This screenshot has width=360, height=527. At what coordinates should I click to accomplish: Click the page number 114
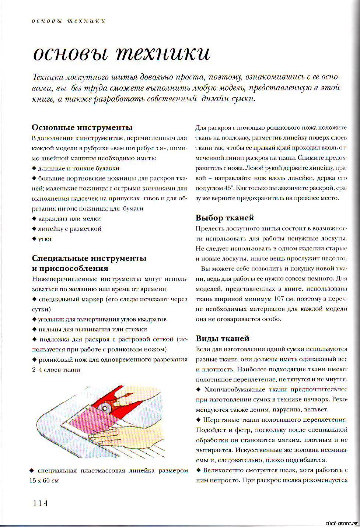coord(40,503)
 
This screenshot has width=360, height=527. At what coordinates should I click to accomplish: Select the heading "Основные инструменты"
coord(82,127)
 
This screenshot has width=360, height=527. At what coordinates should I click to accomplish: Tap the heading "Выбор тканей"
coord(225,218)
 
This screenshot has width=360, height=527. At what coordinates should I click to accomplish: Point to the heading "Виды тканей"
coord(223,338)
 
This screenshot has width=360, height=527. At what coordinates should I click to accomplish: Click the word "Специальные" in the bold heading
coord(59,258)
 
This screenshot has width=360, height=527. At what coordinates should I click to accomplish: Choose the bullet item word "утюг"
coord(45,239)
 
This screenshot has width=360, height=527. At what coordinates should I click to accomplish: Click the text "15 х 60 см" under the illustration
coord(45,481)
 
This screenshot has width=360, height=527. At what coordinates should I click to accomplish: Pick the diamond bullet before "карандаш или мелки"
coord(34,218)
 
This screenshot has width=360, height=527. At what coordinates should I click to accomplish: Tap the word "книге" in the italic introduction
coord(43,99)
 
